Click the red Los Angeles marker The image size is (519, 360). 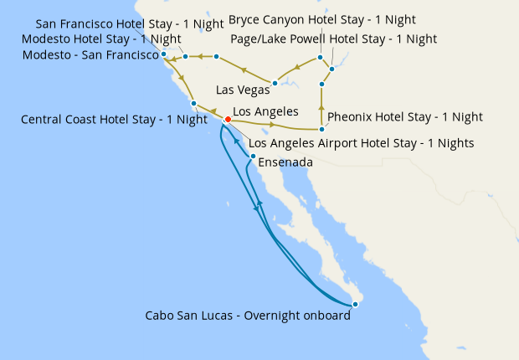[x=228, y=119]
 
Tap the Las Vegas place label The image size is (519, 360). [x=243, y=90]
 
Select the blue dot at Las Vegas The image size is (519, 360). [x=275, y=83]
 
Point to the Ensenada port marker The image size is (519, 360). [x=253, y=156]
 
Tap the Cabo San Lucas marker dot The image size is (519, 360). [x=356, y=304]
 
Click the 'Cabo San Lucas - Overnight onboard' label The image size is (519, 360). [x=248, y=316]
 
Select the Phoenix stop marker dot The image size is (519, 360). [x=322, y=129]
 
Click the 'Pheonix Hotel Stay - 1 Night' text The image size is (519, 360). [x=405, y=116]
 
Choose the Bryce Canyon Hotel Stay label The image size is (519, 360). [x=322, y=19]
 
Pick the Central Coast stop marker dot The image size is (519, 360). [x=193, y=104]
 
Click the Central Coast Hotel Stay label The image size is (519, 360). [x=113, y=119]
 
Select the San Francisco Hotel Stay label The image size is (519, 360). [x=130, y=23]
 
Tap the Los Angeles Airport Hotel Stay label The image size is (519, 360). [x=362, y=143]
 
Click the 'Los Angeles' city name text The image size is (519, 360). [x=265, y=111]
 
